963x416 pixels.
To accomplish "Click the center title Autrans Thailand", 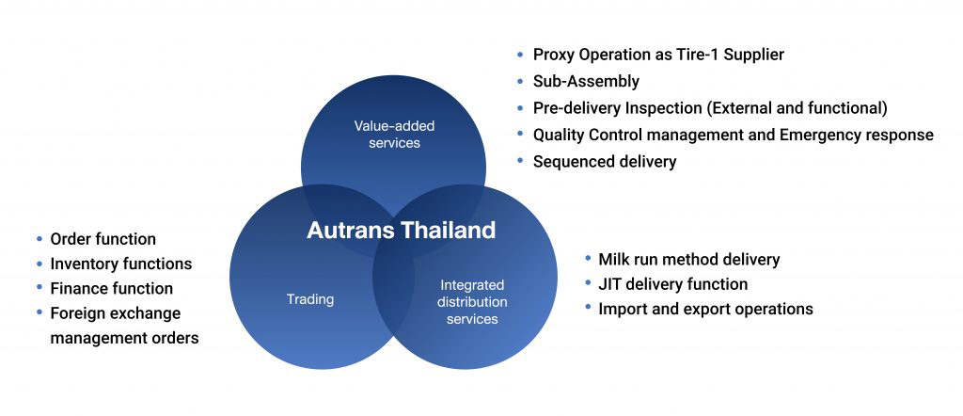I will [x=401, y=231].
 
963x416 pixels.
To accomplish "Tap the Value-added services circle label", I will [x=393, y=134].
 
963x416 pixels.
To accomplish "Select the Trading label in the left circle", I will [x=310, y=299].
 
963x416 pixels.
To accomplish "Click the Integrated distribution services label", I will [x=473, y=301].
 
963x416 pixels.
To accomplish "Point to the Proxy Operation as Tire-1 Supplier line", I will [x=657, y=55].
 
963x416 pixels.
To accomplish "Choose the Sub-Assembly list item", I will [x=586, y=81].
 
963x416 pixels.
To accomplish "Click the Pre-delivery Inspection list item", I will [x=709, y=108].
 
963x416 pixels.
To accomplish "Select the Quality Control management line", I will [x=733, y=135].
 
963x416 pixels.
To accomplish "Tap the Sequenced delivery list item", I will [x=604, y=162].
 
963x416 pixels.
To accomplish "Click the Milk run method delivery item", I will [x=688, y=259].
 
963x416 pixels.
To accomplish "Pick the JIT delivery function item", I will [x=672, y=283].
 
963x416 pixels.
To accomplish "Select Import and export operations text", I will [x=705, y=309].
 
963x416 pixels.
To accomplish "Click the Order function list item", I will [x=103, y=239].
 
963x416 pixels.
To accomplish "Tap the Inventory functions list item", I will [x=120, y=264].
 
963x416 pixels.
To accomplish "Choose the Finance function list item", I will [x=111, y=288].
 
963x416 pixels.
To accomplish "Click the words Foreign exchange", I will [x=115, y=312].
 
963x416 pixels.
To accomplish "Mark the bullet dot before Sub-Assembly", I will [x=521, y=81].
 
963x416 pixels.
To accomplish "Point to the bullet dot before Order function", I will [x=39, y=239].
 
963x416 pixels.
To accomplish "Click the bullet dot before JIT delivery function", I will [x=587, y=283].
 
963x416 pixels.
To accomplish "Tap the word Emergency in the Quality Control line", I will [x=819, y=135].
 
